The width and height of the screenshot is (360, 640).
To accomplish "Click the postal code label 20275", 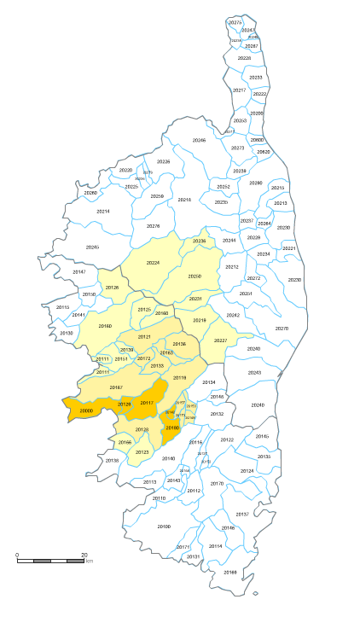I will tap(235, 21).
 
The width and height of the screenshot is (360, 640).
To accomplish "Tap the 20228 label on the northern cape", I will tap(245, 58).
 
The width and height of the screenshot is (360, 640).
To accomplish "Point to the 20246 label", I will tap(199, 140).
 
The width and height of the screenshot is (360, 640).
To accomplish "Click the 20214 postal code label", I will tap(102, 211).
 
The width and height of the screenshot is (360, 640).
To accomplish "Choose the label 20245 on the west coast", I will tap(92, 247).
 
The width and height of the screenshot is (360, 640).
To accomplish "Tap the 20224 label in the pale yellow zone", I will tap(154, 262).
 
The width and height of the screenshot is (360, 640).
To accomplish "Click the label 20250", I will tap(195, 276).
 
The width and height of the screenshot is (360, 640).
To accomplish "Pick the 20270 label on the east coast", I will tap(282, 329).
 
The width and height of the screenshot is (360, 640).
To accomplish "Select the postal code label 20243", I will tap(254, 373).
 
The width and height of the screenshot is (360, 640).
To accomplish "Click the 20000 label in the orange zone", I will tap(85, 411).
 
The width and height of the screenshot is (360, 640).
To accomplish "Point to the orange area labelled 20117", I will tap(147, 403).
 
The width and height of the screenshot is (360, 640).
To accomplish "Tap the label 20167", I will tap(116, 387).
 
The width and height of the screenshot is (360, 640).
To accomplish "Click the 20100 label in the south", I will tap(164, 527).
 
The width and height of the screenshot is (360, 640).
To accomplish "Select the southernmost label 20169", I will tap(230, 572).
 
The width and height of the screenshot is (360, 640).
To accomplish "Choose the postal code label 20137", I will tap(242, 515).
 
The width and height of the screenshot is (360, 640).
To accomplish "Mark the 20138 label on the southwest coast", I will tap(112, 461).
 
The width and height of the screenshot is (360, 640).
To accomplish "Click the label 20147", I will tap(78, 271).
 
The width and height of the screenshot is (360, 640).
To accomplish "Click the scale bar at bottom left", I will tap(51, 561).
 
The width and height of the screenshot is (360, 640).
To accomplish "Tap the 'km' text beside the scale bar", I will tap(90, 561).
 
